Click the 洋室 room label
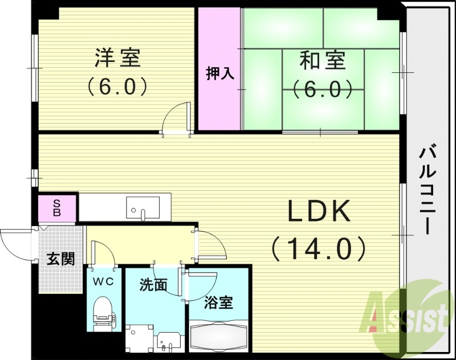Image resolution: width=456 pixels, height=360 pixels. (x=117, y=58)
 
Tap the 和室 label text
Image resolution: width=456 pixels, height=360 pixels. (x=323, y=60)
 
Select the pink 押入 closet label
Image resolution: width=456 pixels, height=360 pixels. (x=219, y=74)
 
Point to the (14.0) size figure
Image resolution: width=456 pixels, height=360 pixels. (x=318, y=248)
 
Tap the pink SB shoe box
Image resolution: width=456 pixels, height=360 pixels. (x=57, y=208)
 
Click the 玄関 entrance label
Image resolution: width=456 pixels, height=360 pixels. (x=60, y=259)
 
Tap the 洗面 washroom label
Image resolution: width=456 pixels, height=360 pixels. (x=153, y=285)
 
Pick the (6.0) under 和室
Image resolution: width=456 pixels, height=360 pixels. (x=323, y=89)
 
